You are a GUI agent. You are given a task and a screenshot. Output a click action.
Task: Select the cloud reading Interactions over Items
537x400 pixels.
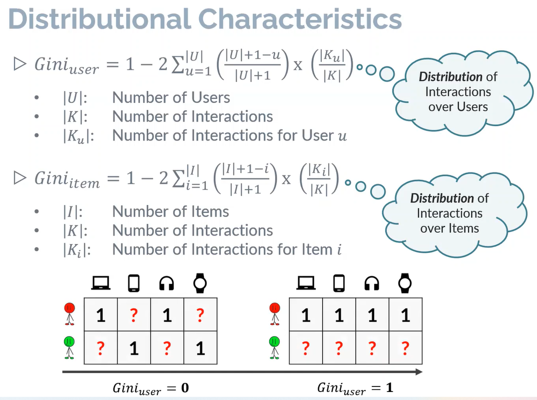449,213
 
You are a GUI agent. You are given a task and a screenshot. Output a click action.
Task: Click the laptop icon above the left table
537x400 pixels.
100,283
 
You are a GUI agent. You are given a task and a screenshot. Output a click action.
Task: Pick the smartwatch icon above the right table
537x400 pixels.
405,283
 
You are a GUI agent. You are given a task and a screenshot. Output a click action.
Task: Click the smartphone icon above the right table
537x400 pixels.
339,283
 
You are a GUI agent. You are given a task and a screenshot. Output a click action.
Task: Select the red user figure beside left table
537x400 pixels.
69,314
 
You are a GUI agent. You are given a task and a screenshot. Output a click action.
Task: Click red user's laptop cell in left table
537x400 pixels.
101,315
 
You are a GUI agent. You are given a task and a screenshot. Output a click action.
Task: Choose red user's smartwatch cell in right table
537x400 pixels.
405,315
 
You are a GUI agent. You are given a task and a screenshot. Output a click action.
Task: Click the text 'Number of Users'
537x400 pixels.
171,97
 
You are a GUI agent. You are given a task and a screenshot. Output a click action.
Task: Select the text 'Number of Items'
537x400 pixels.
170,211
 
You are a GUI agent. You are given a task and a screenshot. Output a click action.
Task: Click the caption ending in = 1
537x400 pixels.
355,388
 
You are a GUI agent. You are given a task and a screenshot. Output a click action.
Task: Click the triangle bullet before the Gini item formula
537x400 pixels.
19,177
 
